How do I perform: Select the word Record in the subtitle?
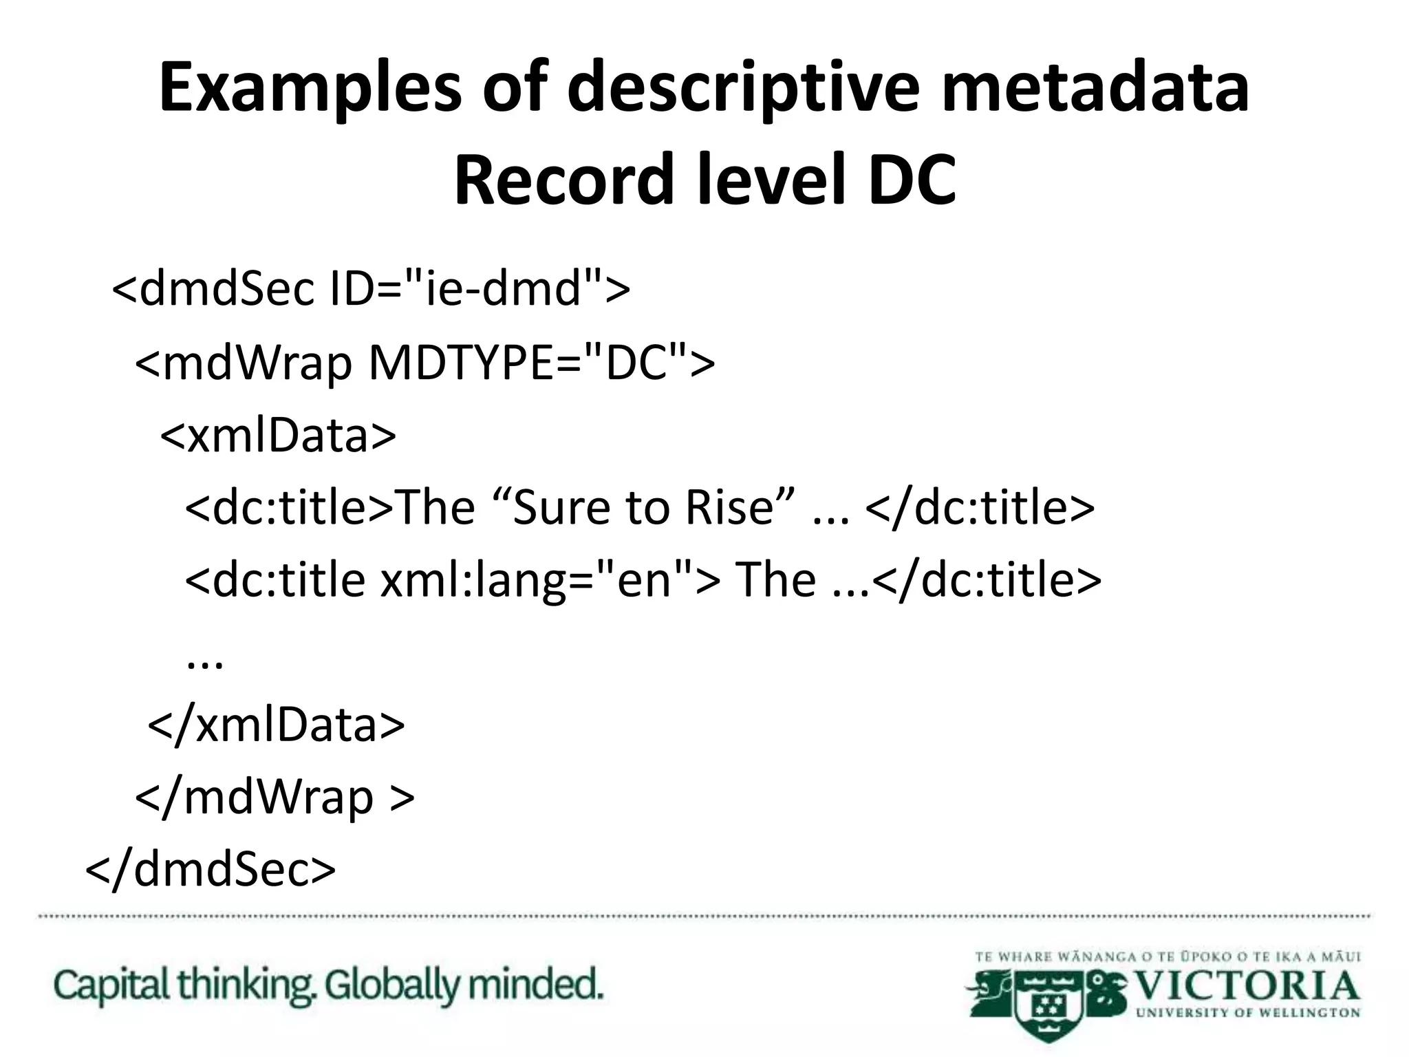[x=563, y=180]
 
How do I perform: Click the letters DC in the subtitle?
[x=911, y=180]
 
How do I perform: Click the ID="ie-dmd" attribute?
[x=480, y=289]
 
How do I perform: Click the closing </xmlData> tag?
[x=277, y=725]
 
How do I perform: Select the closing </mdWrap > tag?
[x=275, y=797]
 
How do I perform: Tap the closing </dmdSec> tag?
[x=211, y=870]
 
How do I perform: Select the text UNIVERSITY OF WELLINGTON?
[x=1248, y=1013]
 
